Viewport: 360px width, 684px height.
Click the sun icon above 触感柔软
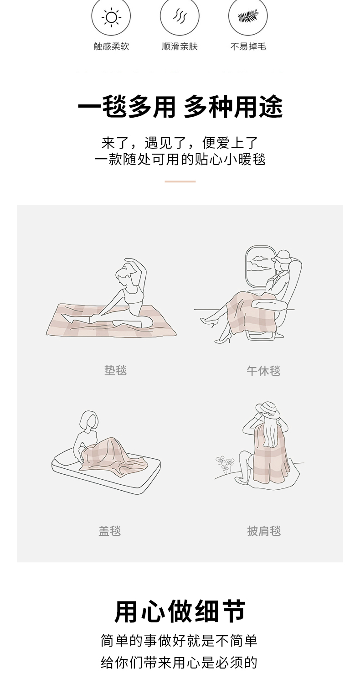111,17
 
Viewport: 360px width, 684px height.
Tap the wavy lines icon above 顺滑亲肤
180,16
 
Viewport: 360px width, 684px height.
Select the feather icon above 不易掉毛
248,16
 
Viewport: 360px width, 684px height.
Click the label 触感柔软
111,47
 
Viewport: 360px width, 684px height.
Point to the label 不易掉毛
248,47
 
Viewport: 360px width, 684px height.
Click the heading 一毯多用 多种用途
180,107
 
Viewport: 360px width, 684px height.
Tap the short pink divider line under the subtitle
180,181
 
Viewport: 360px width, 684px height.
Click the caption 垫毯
115,370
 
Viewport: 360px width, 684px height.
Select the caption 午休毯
263,371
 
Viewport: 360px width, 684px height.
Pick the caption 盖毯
109,531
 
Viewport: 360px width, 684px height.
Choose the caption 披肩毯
263,531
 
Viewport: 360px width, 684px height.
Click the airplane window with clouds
258,266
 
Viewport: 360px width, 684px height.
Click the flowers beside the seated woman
225,464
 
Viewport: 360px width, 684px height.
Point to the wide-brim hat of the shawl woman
267,410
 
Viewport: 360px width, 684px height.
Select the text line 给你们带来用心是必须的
179,662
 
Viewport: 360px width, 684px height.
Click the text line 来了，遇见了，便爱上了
180,143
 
